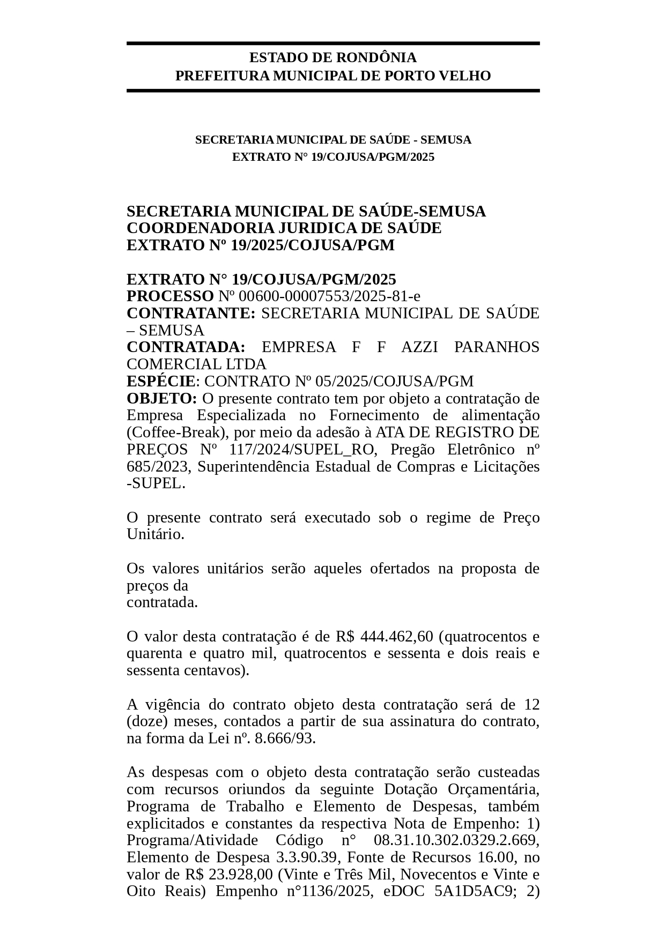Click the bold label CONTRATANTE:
point(191,314)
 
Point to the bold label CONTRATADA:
point(186,347)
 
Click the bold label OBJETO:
point(161,399)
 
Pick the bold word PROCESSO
point(170,296)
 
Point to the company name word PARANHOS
point(497,347)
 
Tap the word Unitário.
point(155,535)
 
